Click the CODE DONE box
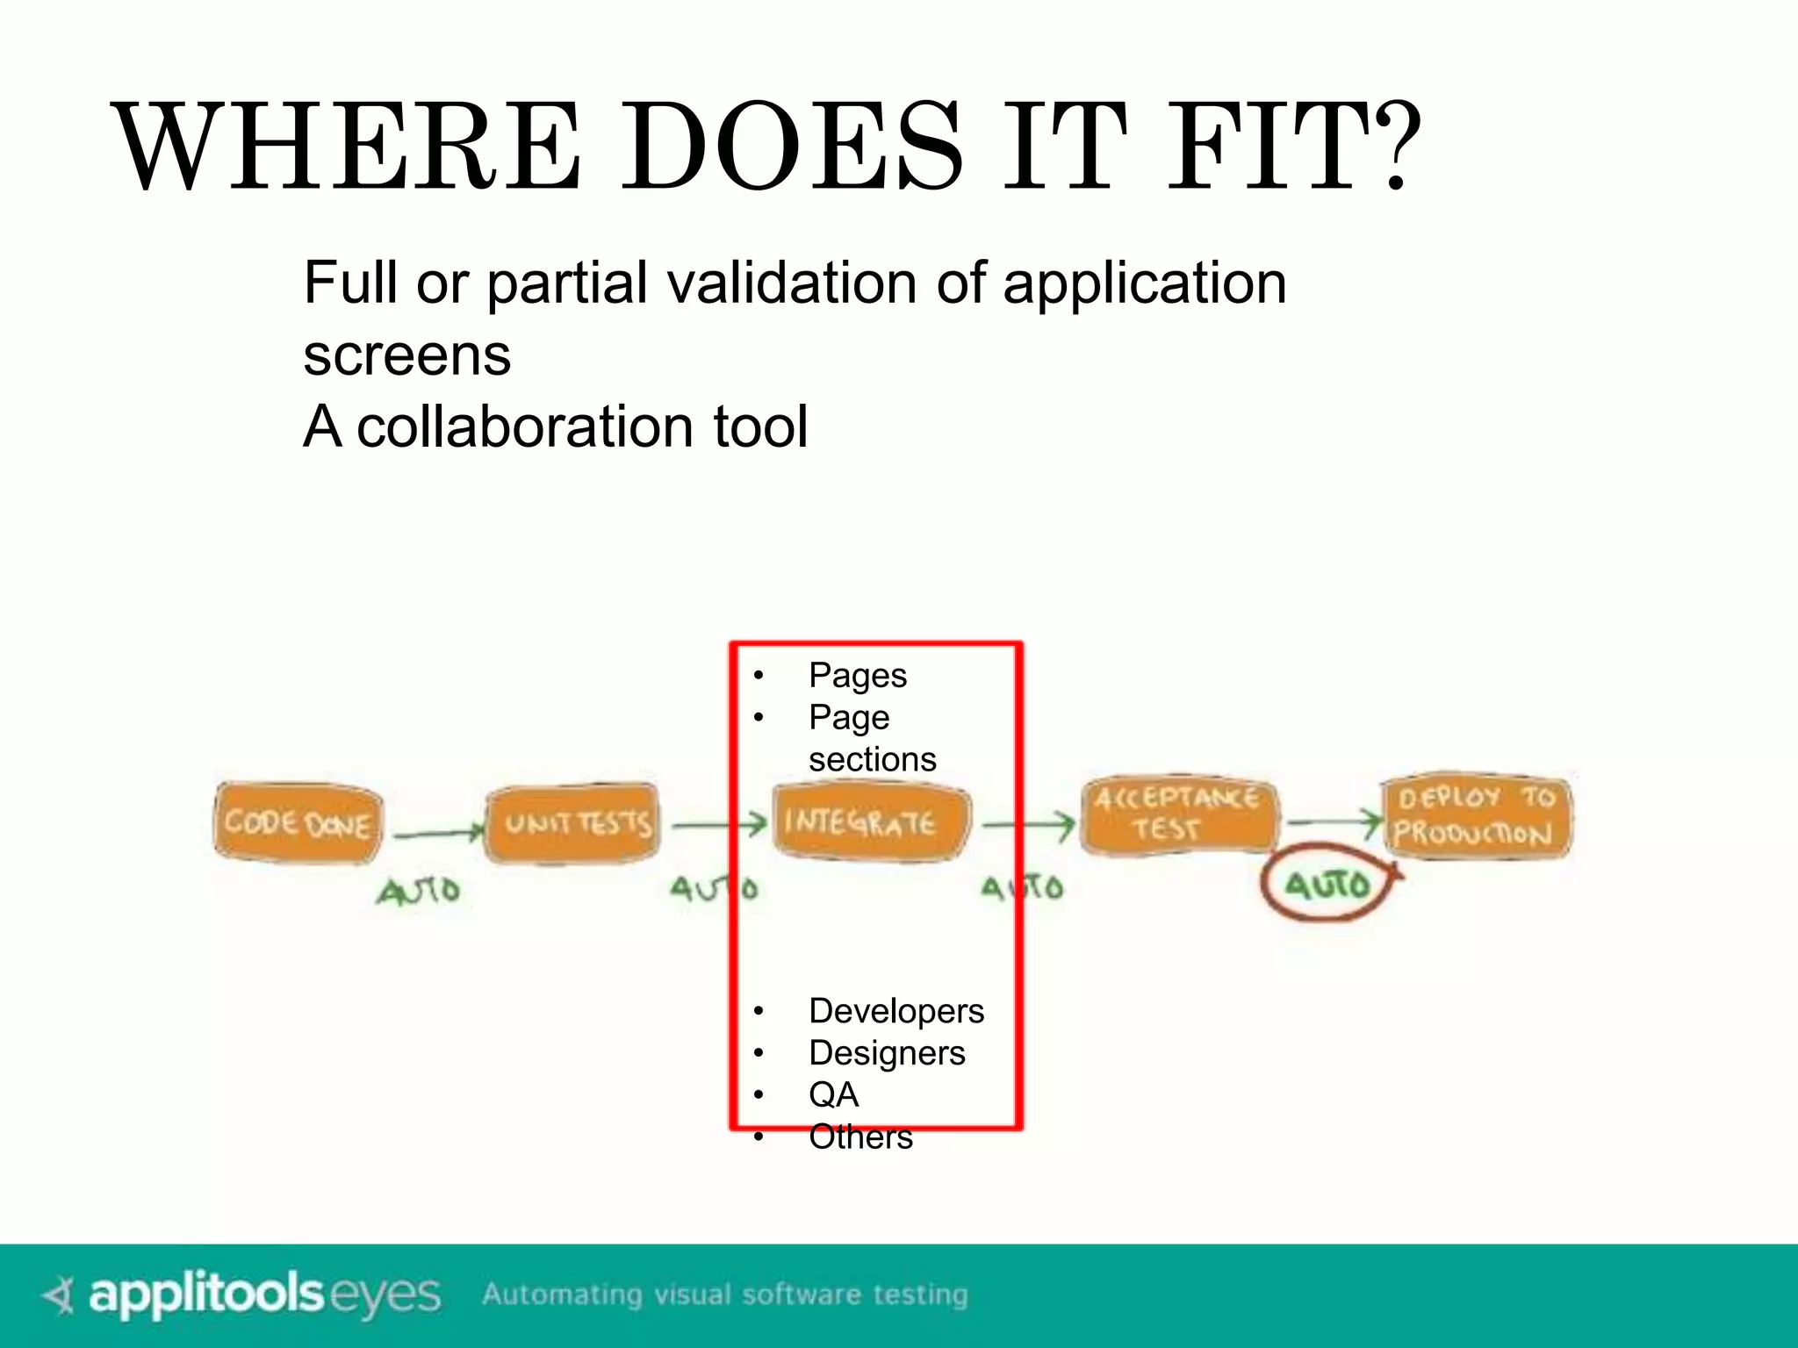coord(298,823)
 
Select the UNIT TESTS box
coord(573,823)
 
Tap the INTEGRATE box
coord(869,822)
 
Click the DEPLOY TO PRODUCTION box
coord(1476,815)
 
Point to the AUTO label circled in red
coord(1327,885)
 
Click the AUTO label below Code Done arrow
coord(419,891)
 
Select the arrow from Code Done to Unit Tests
coord(437,833)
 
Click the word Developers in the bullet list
coord(896,1011)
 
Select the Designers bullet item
coord(887,1053)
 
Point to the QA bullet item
coord(833,1094)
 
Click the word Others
coord(860,1136)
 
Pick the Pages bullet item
coord(858,676)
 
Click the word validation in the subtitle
coord(793,283)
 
